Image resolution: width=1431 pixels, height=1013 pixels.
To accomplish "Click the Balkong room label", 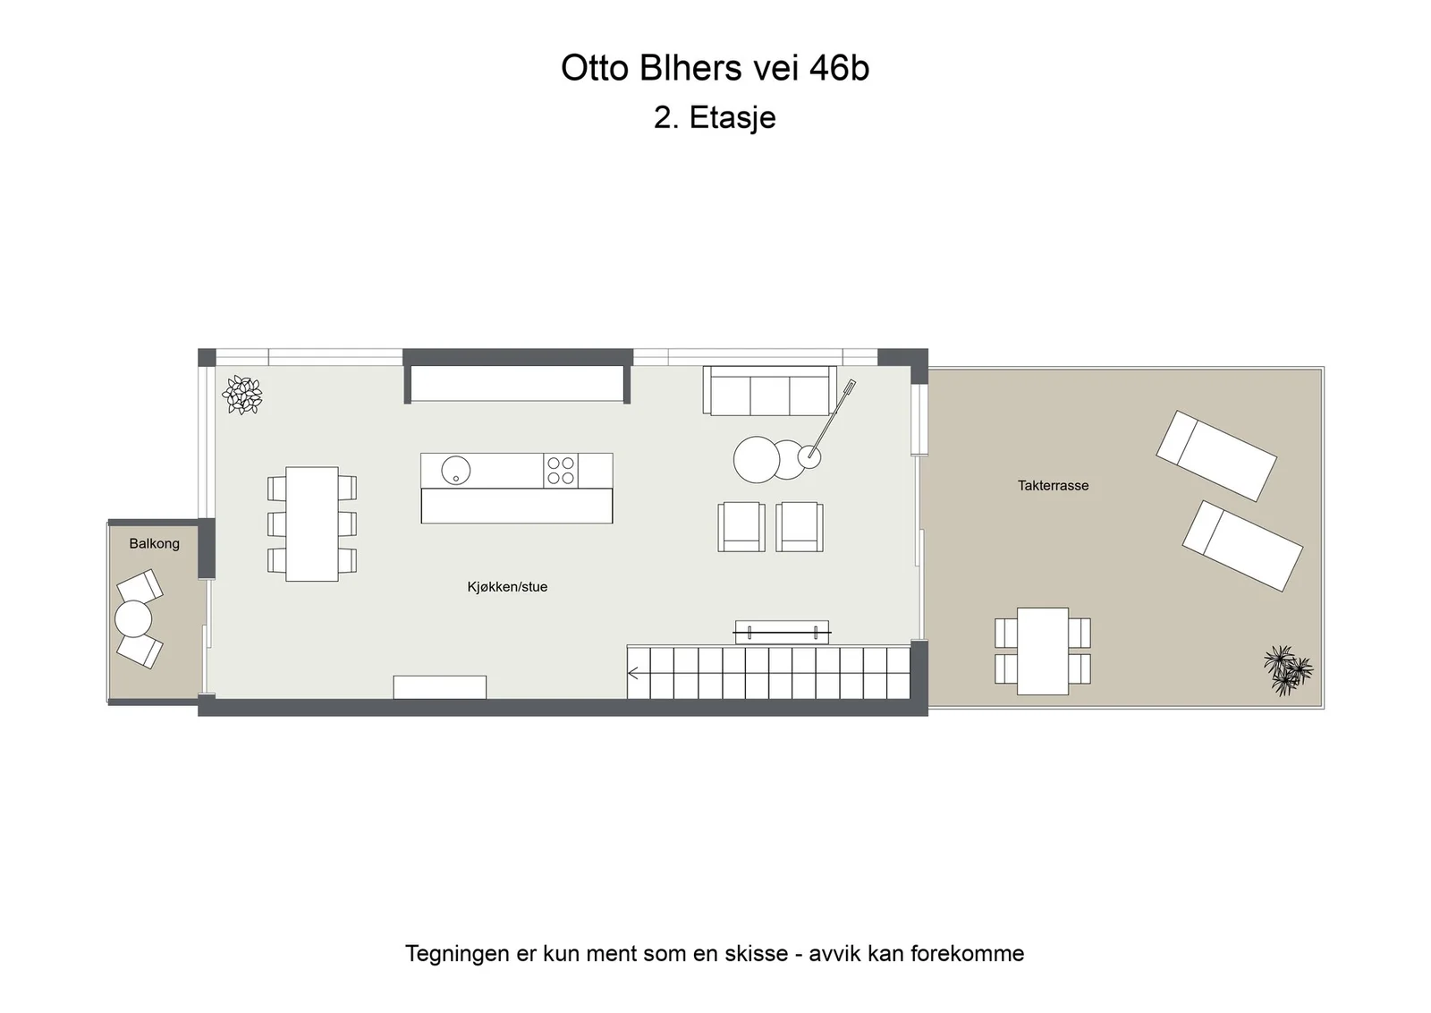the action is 154,543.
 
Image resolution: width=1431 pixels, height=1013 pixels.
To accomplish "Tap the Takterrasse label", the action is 1053,486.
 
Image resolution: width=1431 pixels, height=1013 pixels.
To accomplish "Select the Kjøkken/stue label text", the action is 507,587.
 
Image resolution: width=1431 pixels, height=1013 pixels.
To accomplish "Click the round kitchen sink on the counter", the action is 455,471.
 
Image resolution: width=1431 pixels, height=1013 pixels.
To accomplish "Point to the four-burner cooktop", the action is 560,471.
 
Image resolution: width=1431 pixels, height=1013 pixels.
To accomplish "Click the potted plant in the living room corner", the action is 242,395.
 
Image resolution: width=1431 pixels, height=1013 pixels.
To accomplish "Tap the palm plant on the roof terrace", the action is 1288,669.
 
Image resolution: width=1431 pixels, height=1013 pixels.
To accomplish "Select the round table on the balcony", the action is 133,618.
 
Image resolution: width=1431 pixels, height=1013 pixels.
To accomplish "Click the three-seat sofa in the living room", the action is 770,390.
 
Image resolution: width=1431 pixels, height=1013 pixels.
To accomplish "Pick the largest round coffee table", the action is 757,460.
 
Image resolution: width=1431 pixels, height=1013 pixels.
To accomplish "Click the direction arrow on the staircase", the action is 634,673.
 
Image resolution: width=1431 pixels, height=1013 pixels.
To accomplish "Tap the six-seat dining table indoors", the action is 312,524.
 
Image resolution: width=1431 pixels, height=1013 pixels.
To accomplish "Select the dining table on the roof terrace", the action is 1043,651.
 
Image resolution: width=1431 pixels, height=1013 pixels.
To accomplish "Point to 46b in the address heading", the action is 840,68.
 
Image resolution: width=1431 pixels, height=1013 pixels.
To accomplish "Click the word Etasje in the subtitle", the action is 732,117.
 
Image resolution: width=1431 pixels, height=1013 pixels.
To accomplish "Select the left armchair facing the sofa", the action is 741,526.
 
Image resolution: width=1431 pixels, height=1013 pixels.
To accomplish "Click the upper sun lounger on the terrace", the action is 1216,455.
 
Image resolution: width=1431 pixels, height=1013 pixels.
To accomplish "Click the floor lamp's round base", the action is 809,457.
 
